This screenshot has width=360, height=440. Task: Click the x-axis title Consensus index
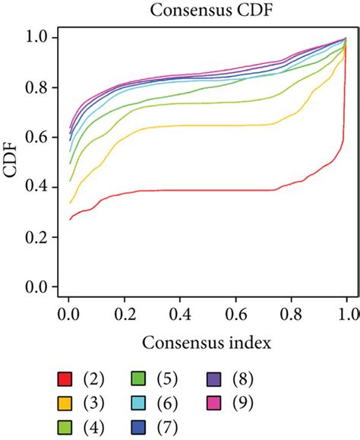[x=203, y=343]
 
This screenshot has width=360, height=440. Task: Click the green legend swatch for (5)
[x=139, y=378]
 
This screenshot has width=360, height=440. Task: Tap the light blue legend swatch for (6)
[x=139, y=402]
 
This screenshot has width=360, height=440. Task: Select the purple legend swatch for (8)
[x=213, y=378]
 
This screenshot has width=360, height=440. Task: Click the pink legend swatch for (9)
[x=213, y=402]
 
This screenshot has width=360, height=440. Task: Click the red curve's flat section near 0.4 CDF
[x=213, y=190]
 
